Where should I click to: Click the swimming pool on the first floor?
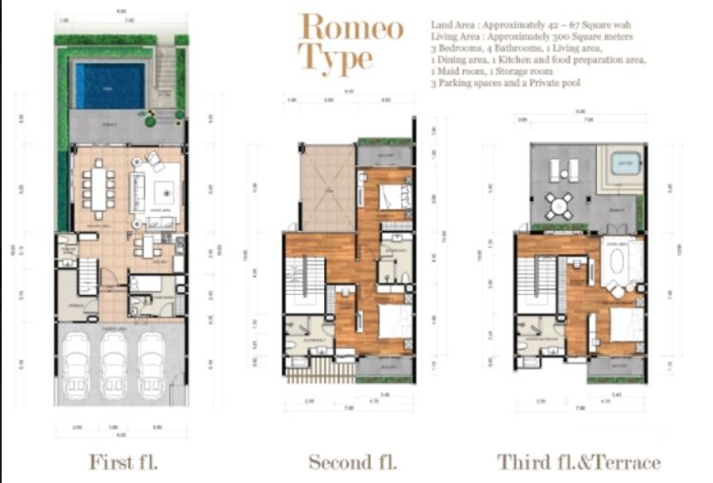point(110,86)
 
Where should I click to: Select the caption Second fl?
point(352,462)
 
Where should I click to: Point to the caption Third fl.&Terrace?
point(578,462)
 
